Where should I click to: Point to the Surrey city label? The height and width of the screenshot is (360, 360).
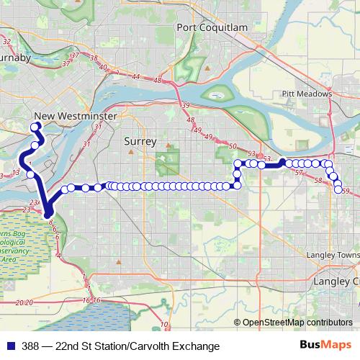[140, 142]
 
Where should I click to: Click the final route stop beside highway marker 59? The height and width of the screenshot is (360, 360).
[338, 189]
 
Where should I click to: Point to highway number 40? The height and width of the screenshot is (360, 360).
[104, 68]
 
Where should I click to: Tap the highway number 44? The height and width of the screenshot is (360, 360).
[136, 75]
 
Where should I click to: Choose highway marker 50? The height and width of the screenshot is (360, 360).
[232, 147]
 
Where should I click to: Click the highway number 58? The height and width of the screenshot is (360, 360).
[318, 180]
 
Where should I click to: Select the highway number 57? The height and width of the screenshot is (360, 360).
[299, 173]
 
